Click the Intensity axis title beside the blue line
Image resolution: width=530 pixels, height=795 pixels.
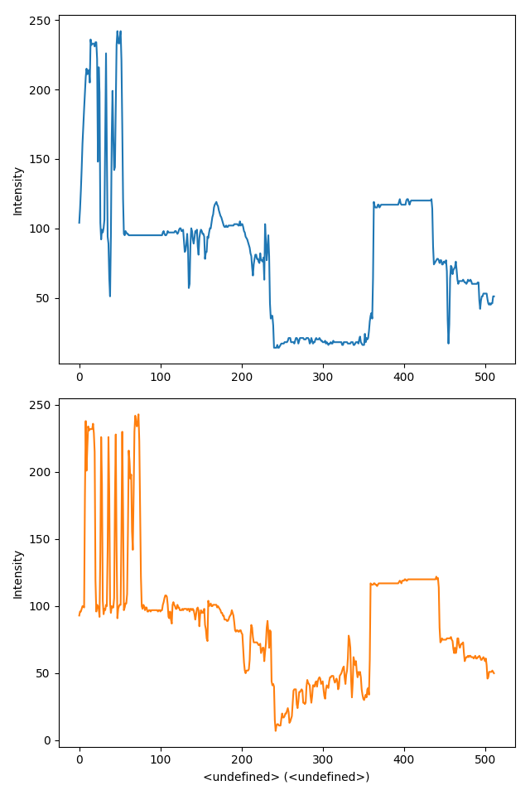(18, 190)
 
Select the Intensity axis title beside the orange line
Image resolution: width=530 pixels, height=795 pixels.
(18, 574)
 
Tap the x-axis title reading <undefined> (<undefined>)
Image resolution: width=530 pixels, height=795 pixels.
(287, 777)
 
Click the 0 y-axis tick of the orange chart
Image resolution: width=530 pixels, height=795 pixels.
(48, 740)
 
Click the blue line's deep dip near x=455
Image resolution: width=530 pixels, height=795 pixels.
(448, 343)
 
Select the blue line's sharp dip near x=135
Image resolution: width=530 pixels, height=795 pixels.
(189, 287)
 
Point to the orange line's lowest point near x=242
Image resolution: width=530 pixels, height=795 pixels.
(276, 730)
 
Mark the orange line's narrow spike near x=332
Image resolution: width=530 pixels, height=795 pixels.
(349, 636)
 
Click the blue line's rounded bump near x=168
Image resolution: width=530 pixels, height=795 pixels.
(216, 202)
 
